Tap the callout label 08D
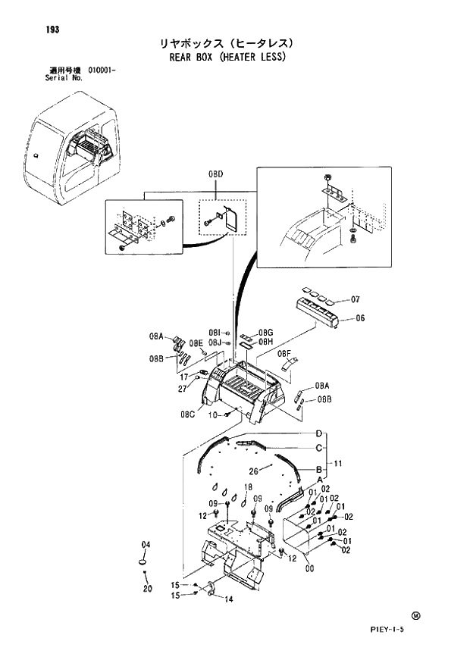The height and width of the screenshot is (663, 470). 215,175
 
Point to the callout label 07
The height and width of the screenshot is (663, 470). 356,299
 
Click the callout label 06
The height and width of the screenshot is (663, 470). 360,318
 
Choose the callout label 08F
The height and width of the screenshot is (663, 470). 284,354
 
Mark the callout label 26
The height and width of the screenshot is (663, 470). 254,470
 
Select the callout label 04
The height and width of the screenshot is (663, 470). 146,545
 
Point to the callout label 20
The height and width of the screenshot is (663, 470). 147,589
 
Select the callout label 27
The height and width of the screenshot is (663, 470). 183,389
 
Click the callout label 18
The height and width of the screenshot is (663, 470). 247,486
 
